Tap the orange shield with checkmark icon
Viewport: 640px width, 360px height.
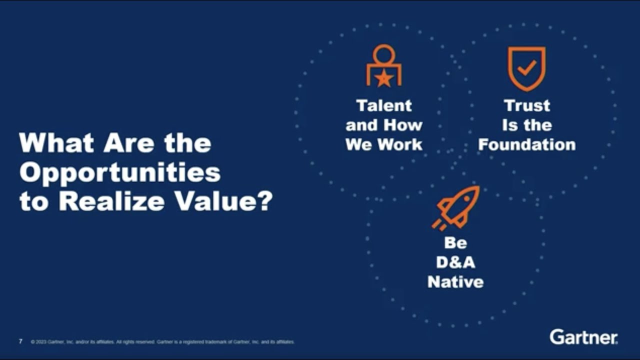[526, 68]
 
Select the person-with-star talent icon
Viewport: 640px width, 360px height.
[383, 65]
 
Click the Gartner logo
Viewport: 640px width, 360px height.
[583, 337]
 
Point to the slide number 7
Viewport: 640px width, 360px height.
[20, 342]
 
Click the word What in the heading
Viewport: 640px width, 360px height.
[55, 143]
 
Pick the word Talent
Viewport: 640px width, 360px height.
[384, 105]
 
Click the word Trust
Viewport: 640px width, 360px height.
[527, 105]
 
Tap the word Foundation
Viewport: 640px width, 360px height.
[527, 145]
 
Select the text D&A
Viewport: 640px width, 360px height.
[455, 262]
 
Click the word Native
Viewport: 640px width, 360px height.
[455, 282]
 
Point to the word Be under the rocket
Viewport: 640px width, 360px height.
[455, 243]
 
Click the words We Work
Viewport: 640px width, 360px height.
[384, 145]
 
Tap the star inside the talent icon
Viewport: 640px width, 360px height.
[383, 77]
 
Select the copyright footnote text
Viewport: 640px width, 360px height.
[162, 342]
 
